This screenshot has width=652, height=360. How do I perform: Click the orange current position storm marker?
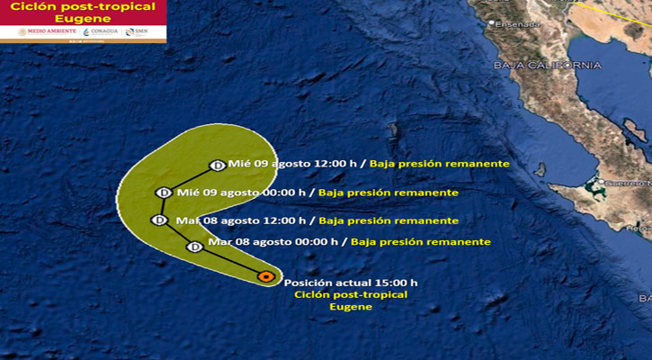265,276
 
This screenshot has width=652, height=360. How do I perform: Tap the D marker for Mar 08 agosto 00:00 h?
193,247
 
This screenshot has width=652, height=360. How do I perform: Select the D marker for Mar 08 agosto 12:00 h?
159,220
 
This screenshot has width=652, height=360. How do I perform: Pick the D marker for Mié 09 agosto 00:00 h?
163,192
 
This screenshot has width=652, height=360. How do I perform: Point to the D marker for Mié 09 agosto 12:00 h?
217,165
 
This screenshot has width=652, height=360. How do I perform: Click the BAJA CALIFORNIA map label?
547,65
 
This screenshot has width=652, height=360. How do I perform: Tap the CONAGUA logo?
99,31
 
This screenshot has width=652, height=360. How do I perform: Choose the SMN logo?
137,31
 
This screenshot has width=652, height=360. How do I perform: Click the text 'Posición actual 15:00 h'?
351,283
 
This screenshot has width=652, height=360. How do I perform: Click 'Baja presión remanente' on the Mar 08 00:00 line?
421,241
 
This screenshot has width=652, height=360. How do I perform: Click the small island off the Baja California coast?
540,168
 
